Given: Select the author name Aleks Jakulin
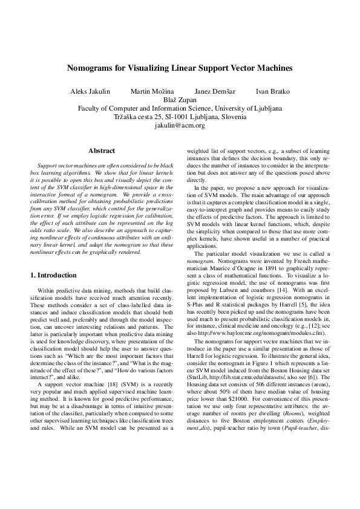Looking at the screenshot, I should (91, 92).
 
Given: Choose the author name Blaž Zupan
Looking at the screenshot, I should (180, 100).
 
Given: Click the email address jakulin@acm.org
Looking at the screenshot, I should (180, 126).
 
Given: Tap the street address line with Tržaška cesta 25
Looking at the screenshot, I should (180, 117).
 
